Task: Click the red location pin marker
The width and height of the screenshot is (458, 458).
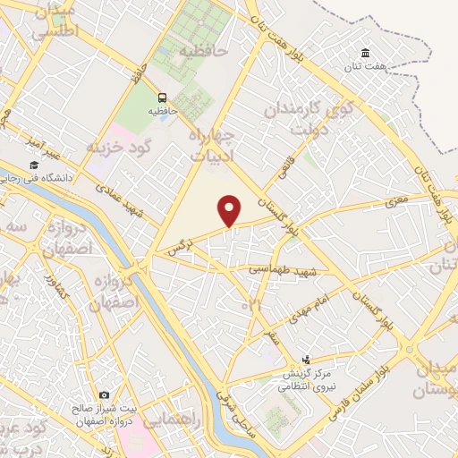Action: click(x=230, y=210)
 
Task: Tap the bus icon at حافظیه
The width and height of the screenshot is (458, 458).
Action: click(x=162, y=97)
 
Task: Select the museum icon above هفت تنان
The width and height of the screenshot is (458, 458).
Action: click(x=365, y=53)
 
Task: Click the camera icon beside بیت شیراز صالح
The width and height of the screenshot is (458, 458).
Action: click(x=105, y=394)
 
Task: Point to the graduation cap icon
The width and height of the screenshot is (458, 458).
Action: click(x=34, y=165)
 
